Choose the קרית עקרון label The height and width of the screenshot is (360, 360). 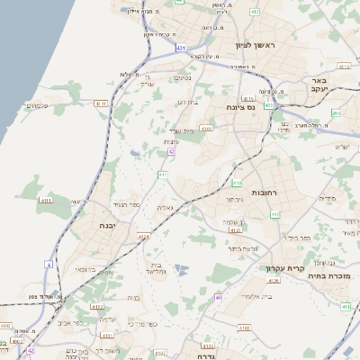tap(287, 268)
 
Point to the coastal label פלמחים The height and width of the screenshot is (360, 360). tap(34, 106)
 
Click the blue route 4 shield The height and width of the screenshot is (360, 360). tap(48, 265)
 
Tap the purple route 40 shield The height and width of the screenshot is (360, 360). tap(218, 297)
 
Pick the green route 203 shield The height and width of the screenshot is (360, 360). tap(335, 113)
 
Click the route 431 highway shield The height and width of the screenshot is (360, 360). tap(182, 47)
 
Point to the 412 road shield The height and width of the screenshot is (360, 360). tap(274, 213)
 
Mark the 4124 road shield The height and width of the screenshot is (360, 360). tap(142, 237)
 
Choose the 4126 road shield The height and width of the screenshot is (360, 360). tap(274, 281)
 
